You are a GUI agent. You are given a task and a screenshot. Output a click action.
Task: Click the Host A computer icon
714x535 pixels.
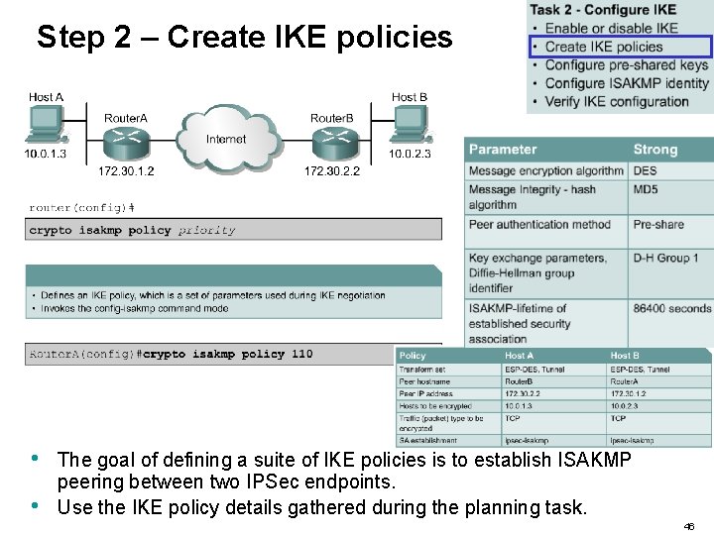pyautogui.click(x=46, y=124)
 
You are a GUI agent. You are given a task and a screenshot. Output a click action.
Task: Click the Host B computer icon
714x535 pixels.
pyautogui.click(x=409, y=124)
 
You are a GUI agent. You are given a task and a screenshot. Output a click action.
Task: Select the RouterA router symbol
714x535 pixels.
pyautogui.click(x=125, y=144)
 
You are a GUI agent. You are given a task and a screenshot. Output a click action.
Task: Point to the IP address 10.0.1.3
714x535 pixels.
pyautogui.click(x=46, y=154)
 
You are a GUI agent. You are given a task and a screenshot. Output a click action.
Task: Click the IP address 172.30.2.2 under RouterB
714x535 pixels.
pyautogui.click(x=331, y=171)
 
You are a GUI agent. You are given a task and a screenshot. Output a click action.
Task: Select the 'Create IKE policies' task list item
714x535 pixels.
pyautogui.click(x=603, y=47)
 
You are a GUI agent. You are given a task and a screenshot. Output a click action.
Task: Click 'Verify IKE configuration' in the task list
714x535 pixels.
pyautogui.click(x=617, y=101)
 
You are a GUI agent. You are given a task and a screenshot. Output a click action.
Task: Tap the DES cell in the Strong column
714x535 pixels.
pyautogui.click(x=646, y=170)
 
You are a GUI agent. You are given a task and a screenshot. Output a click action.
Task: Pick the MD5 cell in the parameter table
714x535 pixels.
pyautogui.click(x=646, y=189)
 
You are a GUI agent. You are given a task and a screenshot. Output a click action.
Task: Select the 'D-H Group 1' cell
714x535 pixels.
pyautogui.click(x=660, y=258)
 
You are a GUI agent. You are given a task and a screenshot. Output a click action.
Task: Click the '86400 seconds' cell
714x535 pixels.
pyautogui.click(x=671, y=308)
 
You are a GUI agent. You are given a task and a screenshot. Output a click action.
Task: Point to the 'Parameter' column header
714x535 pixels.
pyautogui.click(x=502, y=150)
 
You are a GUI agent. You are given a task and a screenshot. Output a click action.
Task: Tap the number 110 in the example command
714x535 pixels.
pyautogui.click(x=301, y=354)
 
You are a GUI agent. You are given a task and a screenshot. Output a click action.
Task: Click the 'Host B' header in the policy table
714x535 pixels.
pyautogui.click(x=625, y=356)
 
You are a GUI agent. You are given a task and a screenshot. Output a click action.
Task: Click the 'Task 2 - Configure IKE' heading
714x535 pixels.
pyautogui.click(x=603, y=10)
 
